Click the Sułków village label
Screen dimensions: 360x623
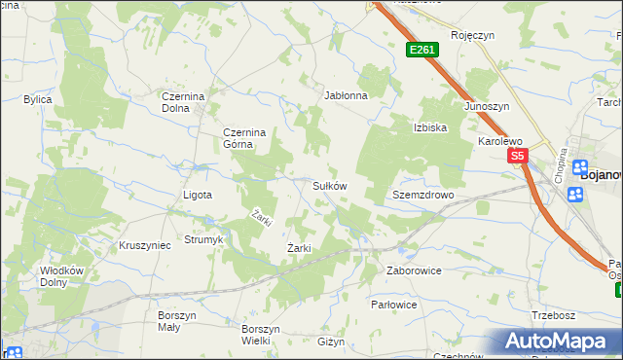[329, 185]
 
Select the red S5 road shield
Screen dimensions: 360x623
[516, 156]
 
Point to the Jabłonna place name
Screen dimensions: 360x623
[346, 96]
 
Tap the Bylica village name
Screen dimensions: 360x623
[38, 99]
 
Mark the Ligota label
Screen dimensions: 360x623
[198, 195]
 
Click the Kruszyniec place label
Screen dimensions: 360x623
[144, 245]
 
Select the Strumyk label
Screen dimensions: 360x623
[204, 239]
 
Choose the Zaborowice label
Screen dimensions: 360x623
[414, 270]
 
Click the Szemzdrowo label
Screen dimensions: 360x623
[423, 195]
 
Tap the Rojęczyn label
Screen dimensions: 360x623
[473, 34]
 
